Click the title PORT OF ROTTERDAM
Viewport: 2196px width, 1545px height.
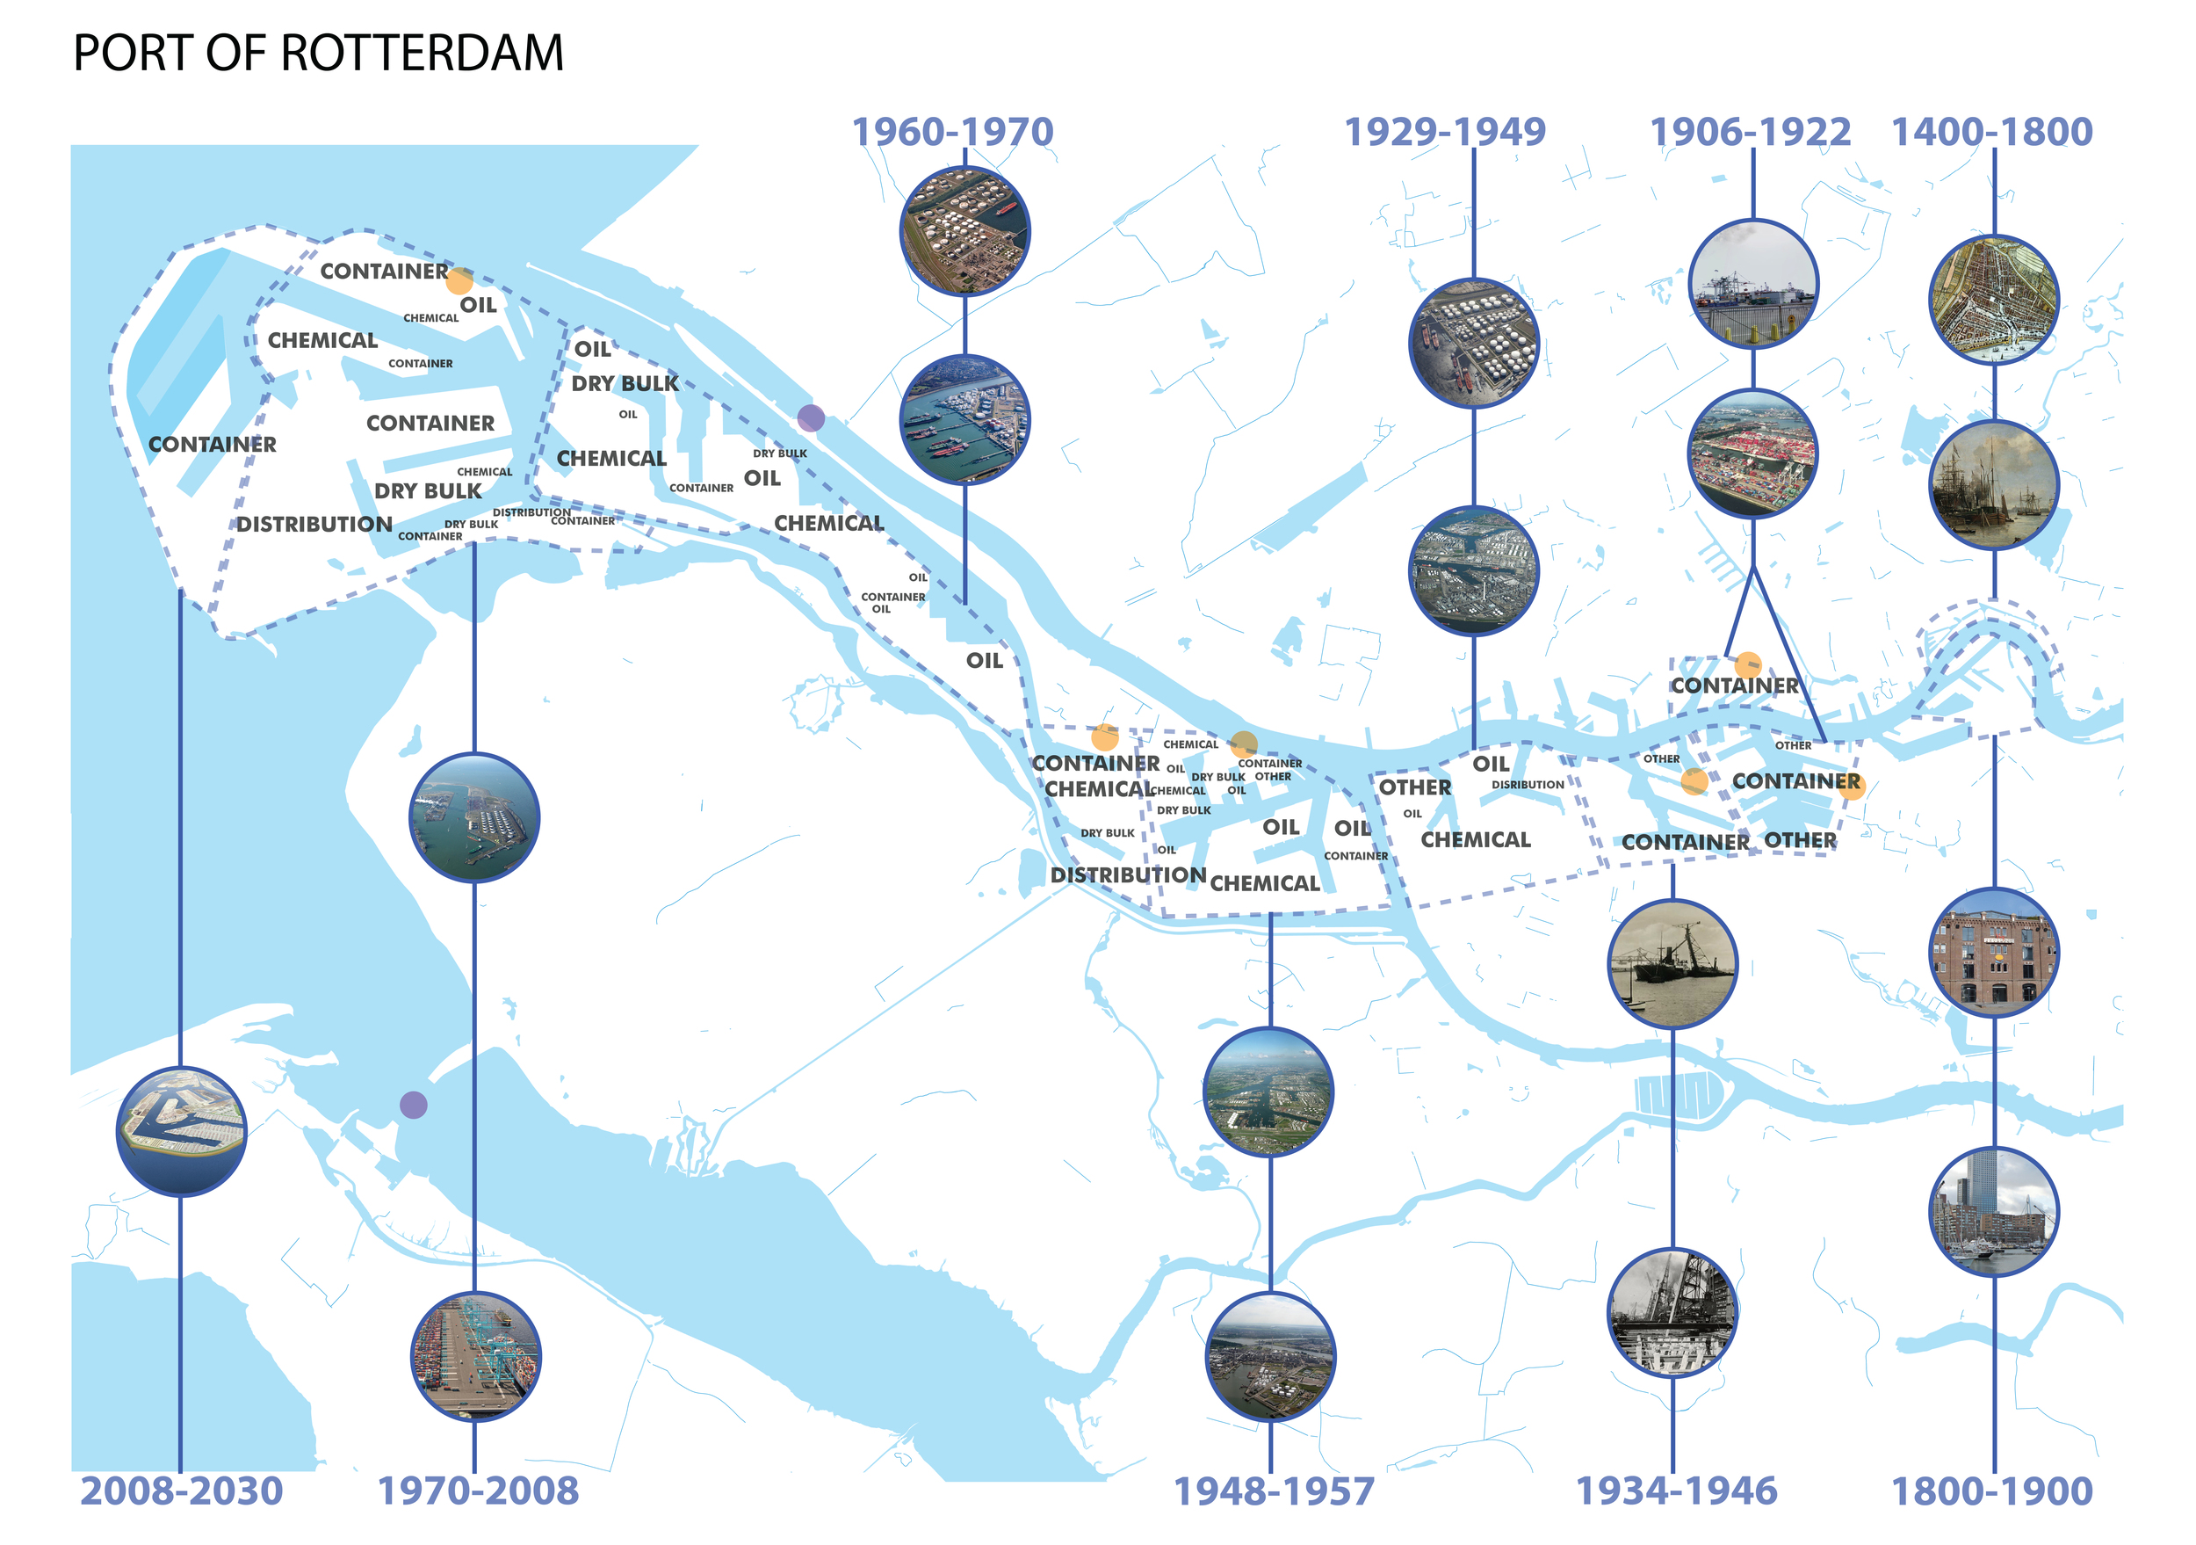pyautogui.click(x=319, y=54)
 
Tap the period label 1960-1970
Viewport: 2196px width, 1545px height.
pyautogui.click(x=952, y=132)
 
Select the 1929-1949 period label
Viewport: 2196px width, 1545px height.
pyautogui.click(x=1445, y=132)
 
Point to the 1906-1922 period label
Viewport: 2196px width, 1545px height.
pyautogui.click(x=1751, y=132)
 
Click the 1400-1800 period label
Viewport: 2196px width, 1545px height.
pyautogui.click(x=1992, y=132)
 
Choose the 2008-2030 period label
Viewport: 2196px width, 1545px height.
pyautogui.click(x=182, y=1491)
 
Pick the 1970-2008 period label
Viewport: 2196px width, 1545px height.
pyautogui.click(x=478, y=1491)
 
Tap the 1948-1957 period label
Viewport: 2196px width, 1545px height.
pyautogui.click(x=1274, y=1491)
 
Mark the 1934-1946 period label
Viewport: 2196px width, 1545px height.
pyautogui.click(x=1676, y=1491)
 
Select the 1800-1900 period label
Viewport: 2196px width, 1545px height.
pyautogui.click(x=1992, y=1491)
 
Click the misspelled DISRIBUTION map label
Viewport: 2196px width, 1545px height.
pyautogui.click(x=1528, y=786)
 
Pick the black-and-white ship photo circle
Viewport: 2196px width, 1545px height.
pyautogui.click(x=1672, y=963)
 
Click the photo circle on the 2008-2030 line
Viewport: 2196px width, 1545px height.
pyautogui.click(x=182, y=1132)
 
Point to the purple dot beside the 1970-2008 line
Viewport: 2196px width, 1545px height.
pyautogui.click(x=413, y=1105)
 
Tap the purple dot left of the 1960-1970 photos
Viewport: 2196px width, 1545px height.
pyautogui.click(x=811, y=418)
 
